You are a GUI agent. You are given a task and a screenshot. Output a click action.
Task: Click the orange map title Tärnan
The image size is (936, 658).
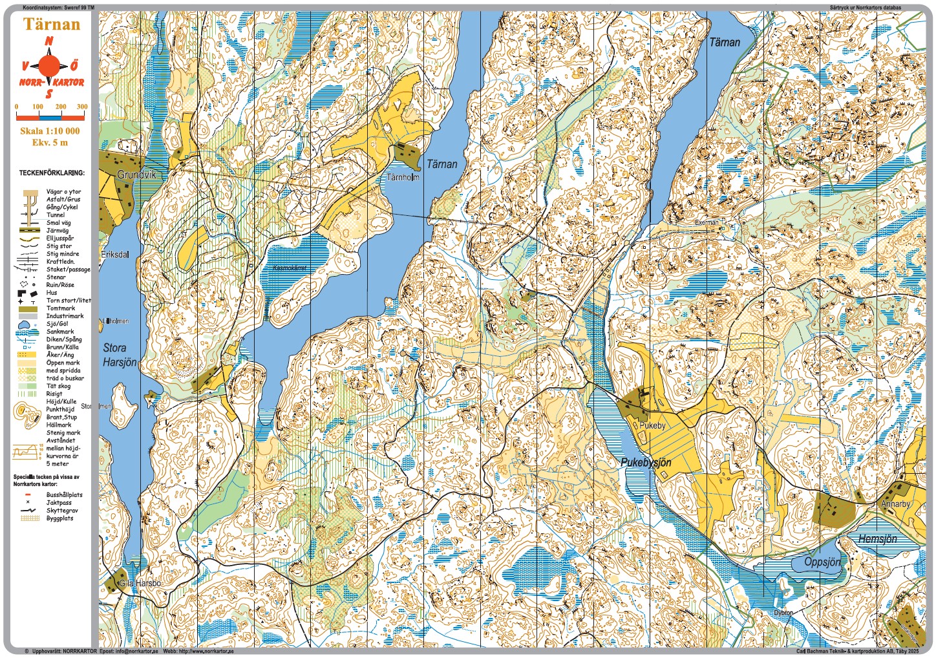point(52,25)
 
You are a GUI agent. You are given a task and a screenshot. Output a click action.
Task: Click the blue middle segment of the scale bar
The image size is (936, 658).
point(50,118)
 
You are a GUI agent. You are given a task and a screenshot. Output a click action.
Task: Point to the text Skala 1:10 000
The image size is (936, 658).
point(50,131)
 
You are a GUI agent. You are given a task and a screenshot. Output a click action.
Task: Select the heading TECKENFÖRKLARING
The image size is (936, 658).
point(52,173)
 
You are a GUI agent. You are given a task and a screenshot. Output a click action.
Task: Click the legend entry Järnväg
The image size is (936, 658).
point(58,231)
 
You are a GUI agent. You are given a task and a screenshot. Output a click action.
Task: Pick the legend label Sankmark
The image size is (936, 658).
point(60,332)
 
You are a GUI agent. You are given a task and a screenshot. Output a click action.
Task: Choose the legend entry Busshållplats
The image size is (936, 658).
point(64,495)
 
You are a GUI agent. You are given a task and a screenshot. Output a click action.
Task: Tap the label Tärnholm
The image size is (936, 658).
point(403,177)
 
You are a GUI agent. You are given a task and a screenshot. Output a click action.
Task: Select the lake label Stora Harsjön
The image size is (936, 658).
point(120,356)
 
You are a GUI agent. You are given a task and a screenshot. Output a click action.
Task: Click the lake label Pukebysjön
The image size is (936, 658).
point(646,463)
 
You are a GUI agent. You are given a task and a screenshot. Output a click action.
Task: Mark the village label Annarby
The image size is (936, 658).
point(895,504)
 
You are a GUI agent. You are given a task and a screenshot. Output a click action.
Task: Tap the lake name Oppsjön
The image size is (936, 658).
point(822,562)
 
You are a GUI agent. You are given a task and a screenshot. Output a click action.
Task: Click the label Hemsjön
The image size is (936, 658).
point(877,539)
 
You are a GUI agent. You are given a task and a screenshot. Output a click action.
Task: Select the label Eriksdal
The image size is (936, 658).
point(115,255)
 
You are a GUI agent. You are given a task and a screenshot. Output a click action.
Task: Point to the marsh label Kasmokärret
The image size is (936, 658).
point(290,268)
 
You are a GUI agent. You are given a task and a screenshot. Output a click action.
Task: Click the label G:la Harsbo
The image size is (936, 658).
point(140,584)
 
